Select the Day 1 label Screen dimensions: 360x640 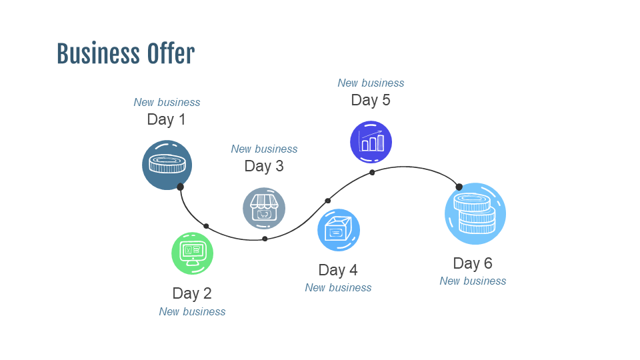(x=166, y=119)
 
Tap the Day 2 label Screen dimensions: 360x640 (x=191, y=293)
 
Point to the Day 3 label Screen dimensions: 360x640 (x=263, y=166)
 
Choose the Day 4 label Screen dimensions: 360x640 (x=337, y=270)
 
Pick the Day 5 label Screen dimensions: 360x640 (x=370, y=100)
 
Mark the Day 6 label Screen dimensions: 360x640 (x=472, y=263)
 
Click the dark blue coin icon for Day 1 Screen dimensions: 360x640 (x=167, y=165)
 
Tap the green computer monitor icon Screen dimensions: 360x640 (x=192, y=253)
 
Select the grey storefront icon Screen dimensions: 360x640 (x=264, y=208)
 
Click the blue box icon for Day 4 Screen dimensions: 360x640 (x=338, y=230)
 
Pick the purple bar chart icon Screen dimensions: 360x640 (x=371, y=141)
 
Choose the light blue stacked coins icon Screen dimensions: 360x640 (x=475, y=213)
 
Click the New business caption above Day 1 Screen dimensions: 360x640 (x=167, y=102)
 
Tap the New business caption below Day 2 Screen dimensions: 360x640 (x=192, y=311)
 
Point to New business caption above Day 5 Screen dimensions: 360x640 (x=371, y=83)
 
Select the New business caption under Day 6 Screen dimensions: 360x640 (x=473, y=281)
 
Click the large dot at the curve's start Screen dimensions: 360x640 (x=180, y=187)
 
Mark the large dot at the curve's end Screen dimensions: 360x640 (x=459, y=187)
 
